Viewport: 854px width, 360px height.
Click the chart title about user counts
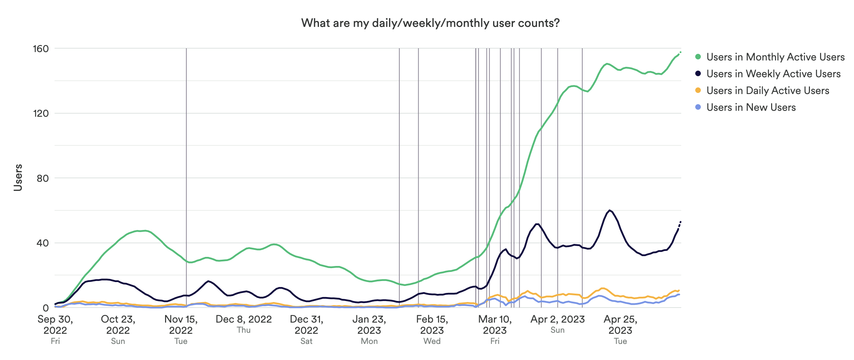coord(430,23)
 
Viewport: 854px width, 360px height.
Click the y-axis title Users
coord(18,178)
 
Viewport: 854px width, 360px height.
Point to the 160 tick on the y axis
coord(41,49)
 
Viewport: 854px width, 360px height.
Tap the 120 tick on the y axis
coord(41,113)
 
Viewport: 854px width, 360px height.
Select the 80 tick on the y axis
coord(42,178)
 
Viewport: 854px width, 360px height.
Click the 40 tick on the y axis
coord(42,243)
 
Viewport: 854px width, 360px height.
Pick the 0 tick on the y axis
coord(45,308)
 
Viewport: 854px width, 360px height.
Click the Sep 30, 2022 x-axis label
coord(55,325)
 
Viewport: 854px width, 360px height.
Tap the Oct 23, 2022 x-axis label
coord(118,325)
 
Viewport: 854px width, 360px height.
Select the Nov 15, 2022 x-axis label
coord(181,325)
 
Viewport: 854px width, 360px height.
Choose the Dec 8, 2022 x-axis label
coord(244,319)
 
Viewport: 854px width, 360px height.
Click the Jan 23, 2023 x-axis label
coord(369,325)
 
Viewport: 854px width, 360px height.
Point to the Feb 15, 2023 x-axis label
coord(432,325)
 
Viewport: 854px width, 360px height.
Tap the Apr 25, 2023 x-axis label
coord(620,325)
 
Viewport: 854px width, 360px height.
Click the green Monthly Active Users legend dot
coord(698,57)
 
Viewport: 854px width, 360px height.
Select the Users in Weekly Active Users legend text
coord(774,74)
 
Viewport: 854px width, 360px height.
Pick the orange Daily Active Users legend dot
coord(698,91)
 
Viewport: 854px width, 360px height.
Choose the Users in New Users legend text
coord(751,107)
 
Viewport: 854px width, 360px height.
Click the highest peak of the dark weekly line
coord(610,210)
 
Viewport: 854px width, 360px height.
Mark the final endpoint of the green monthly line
coord(681,52)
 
